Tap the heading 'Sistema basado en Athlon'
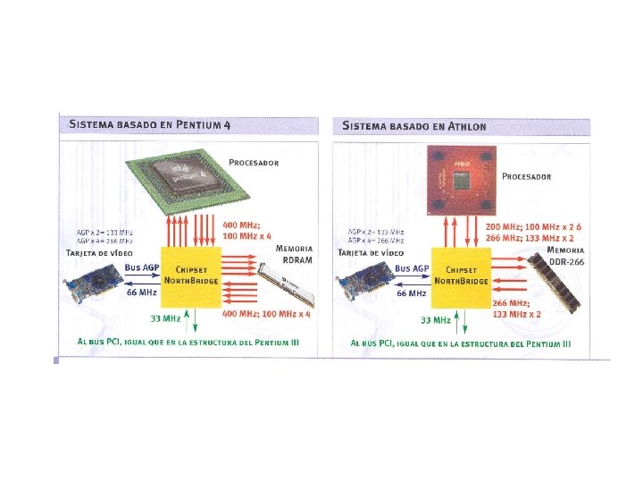click(x=414, y=125)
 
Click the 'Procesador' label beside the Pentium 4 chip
click(x=254, y=163)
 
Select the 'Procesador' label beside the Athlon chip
click(x=526, y=176)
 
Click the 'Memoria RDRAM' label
click(x=294, y=253)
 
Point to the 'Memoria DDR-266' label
click(x=565, y=255)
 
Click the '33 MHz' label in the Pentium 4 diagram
click(x=165, y=318)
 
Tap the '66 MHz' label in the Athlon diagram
click(x=412, y=293)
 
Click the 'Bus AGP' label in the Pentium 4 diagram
click(x=142, y=267)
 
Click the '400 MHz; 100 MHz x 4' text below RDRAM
click(x=267, y=315)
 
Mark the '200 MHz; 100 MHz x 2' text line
click(x=533, y=227)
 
